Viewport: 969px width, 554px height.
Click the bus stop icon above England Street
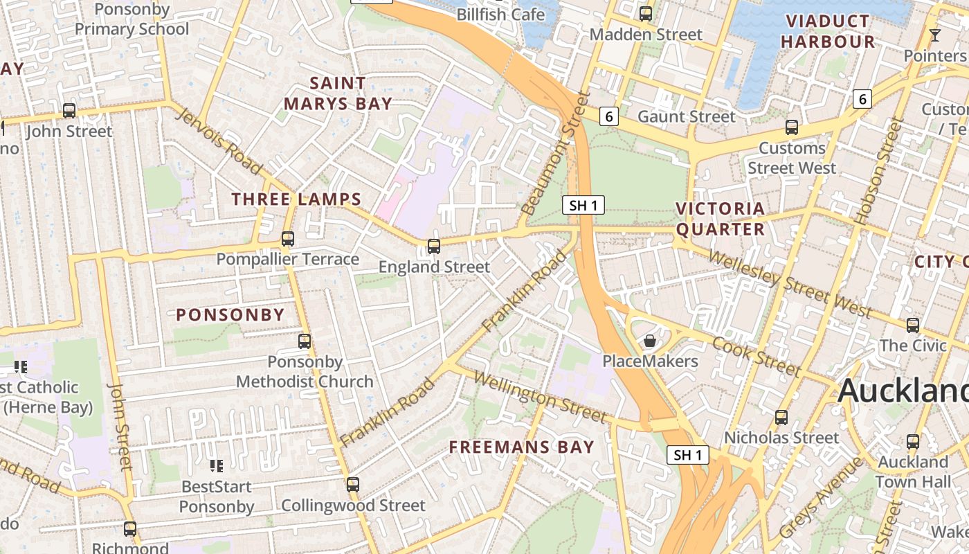click(x=434, y=246)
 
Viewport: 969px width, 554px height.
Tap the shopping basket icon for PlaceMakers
click(x=649, y=341)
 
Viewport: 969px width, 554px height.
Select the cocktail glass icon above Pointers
click(x=935, y=35)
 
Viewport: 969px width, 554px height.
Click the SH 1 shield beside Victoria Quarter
click(x=583, y=205)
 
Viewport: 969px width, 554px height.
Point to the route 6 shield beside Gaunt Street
click(x=608, y=116)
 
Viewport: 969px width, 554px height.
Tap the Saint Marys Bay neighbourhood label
click(x=338, y=93)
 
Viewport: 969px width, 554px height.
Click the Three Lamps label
click(x=296, y=199)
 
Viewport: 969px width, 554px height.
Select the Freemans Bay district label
click(x=521, y=447)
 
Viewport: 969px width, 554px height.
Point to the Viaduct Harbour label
click(x=828, y=31)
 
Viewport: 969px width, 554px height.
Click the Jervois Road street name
click(x=219, y=141)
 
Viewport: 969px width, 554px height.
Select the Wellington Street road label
click(x=541, y=397)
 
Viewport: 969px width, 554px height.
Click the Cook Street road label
click(x=756, y=356)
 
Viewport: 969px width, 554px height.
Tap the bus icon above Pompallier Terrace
click(x=287, y=239)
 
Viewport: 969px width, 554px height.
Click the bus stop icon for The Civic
click(x=913, y=325)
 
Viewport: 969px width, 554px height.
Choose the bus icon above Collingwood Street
click(x=353, y=485)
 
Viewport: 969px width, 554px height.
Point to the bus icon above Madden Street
click(x=646, y=13)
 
